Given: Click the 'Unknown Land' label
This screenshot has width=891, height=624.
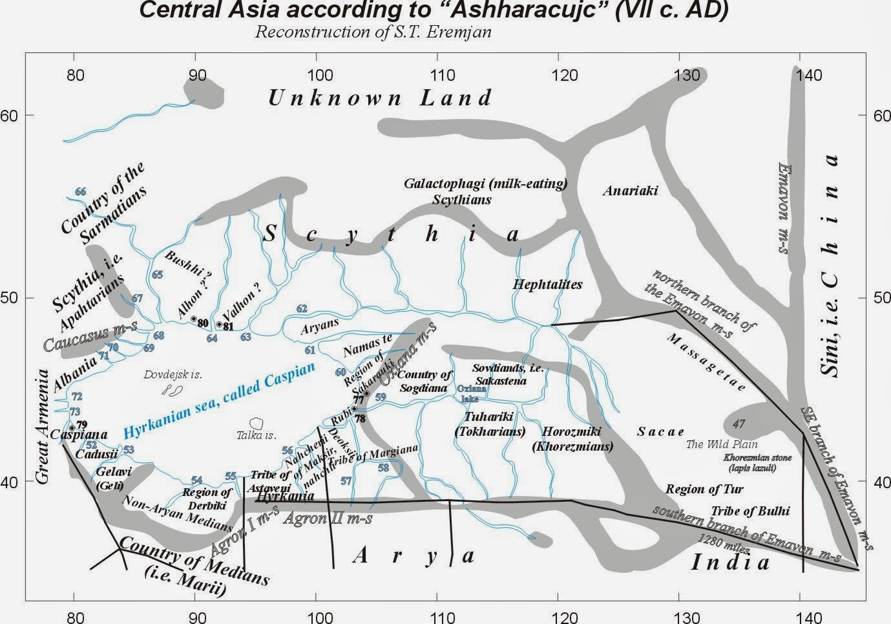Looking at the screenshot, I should [380, 98].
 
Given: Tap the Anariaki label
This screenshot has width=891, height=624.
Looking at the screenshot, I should [630, 190].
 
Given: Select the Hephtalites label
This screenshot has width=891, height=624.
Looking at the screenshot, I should [547, 284].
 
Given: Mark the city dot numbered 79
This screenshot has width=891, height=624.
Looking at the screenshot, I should [72, 427].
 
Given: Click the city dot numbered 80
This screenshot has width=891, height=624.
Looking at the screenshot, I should [193, 319].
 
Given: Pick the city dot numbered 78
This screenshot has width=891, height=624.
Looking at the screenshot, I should [354, 409].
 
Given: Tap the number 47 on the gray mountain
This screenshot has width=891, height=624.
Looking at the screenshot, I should [739, 424].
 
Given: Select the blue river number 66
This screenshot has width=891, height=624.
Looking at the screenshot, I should [80, 191].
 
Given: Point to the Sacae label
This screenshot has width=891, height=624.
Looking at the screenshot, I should [660, 431].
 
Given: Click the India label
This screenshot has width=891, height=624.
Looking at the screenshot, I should [730, 562].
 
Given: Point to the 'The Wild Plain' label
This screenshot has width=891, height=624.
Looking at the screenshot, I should [722, 444].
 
